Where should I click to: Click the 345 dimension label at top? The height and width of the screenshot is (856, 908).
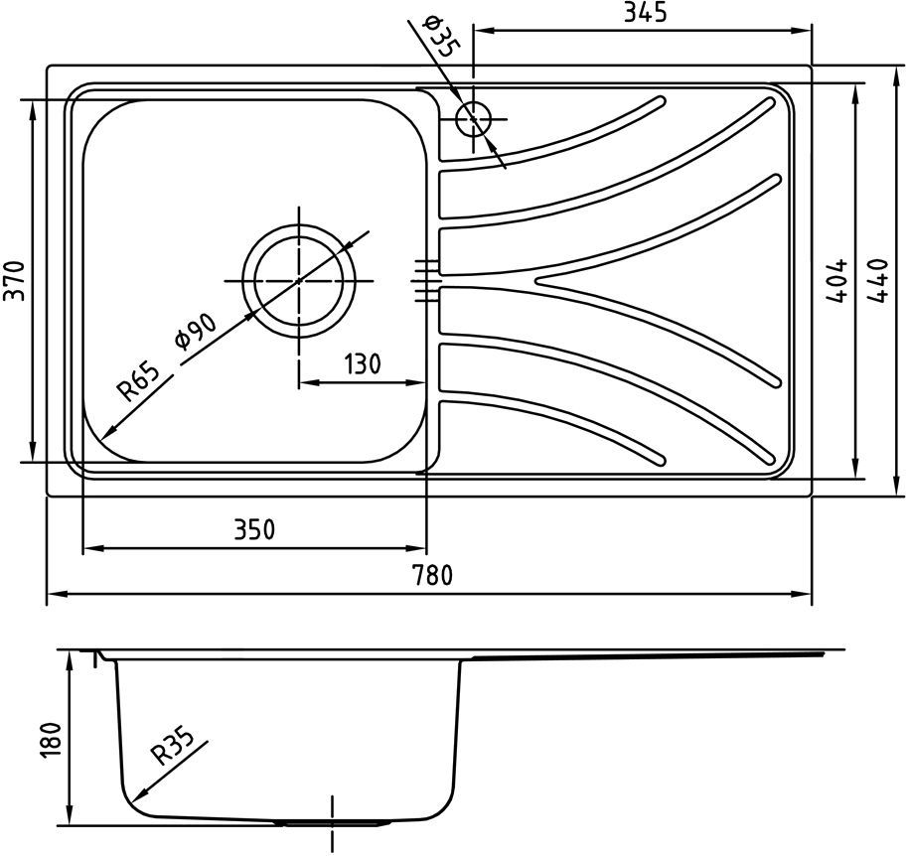point(646,12)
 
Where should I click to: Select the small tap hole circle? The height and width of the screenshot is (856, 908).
point(474,119)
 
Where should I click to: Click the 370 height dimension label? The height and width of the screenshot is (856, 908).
point(15,281)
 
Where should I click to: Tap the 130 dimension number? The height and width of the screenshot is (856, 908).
point(363,364)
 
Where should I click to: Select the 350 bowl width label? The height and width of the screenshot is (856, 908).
point(254,529)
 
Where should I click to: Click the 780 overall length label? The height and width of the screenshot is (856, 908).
point(431,575)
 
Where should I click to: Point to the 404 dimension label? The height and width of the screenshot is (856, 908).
point(836,281)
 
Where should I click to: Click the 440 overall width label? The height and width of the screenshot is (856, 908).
point(877,281)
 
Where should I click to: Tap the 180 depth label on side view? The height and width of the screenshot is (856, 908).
point(51,740)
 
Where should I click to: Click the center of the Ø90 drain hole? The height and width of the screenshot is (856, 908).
point(299,281)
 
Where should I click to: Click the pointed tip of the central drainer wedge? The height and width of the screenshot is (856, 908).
point(536,281)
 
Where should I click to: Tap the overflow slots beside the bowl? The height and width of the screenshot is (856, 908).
point(425,281)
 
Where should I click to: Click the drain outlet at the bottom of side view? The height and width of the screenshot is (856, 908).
point(333,822)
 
